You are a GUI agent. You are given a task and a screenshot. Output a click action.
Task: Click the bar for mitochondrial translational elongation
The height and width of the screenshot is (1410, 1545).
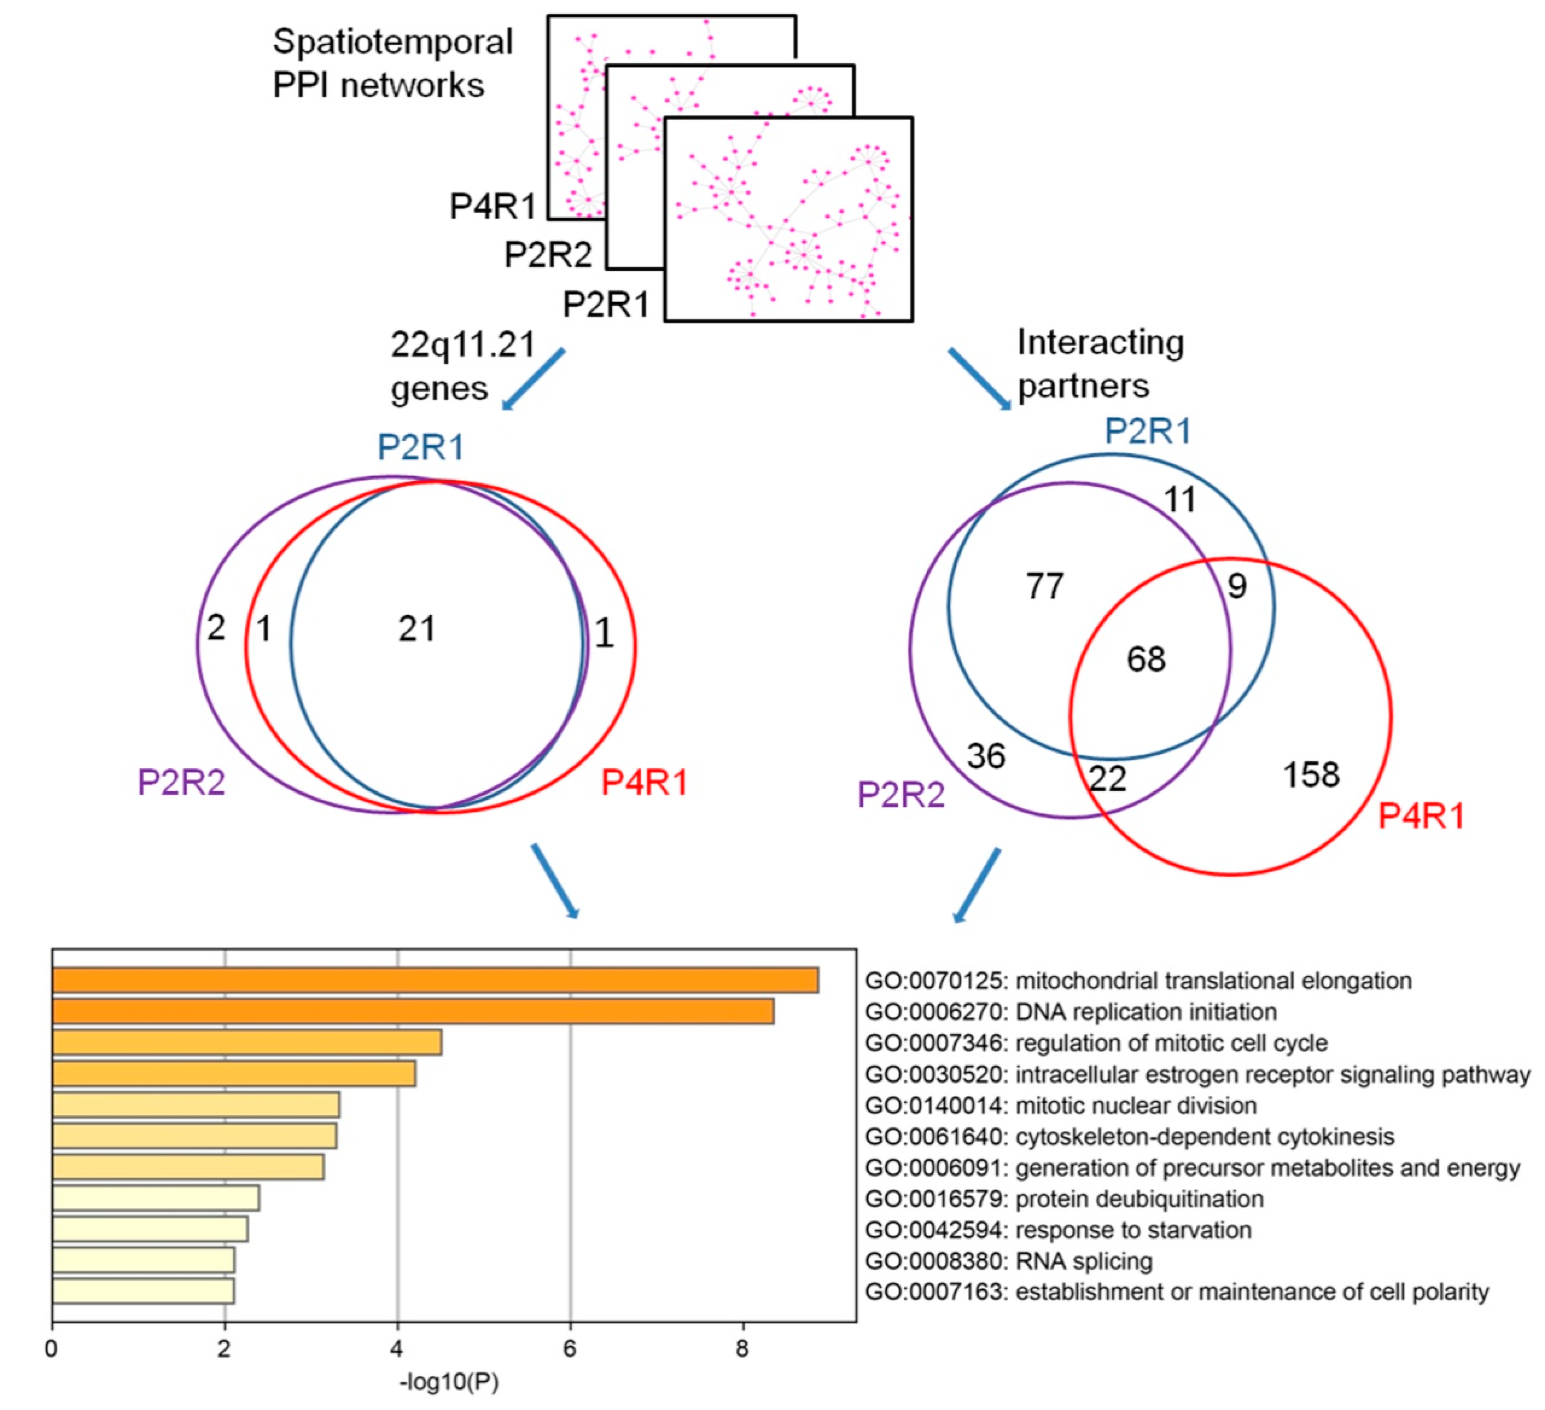click(x=435, y=980)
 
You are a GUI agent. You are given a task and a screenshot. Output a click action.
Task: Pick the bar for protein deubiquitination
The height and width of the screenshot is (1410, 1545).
click(x=156, y=1198)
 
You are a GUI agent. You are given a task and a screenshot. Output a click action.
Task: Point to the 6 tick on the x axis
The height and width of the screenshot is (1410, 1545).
click(x=570, y=1348)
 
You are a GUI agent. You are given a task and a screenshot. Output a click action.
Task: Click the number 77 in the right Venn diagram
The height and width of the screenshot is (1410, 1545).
click(x=1044, y=587)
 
